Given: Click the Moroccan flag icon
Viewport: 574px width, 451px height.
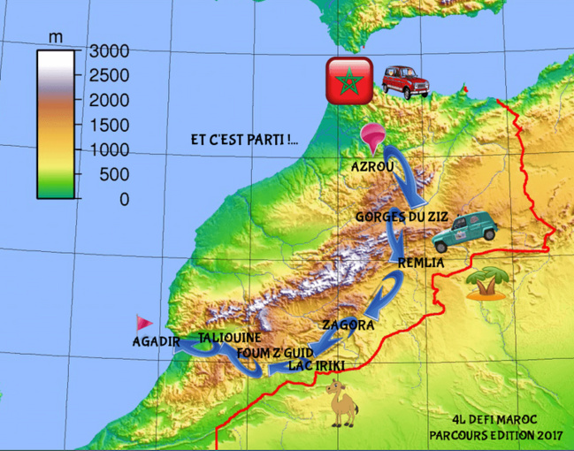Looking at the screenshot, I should (x=346, y=80).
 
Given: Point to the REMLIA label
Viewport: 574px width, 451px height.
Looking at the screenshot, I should (x=420, y=263).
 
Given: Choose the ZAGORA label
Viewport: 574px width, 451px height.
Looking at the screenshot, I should (x=348, y=325).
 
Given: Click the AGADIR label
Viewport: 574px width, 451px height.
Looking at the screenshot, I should (x=157, y=341).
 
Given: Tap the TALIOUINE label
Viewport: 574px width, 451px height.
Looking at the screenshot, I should (x=229, y=338).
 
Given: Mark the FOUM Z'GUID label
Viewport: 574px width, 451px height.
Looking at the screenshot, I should (x=270, y=353).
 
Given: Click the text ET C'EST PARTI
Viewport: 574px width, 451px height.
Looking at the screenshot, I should (x=244, y=140).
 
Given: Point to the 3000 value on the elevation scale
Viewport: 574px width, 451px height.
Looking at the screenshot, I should (x=111, y=50).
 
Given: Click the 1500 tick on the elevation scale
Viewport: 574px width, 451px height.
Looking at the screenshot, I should (x=111, y=125).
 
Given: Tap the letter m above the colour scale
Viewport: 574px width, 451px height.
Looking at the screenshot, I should (x=56, y=37).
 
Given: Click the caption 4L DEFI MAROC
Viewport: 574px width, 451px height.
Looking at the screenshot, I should (x=494, y=419).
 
